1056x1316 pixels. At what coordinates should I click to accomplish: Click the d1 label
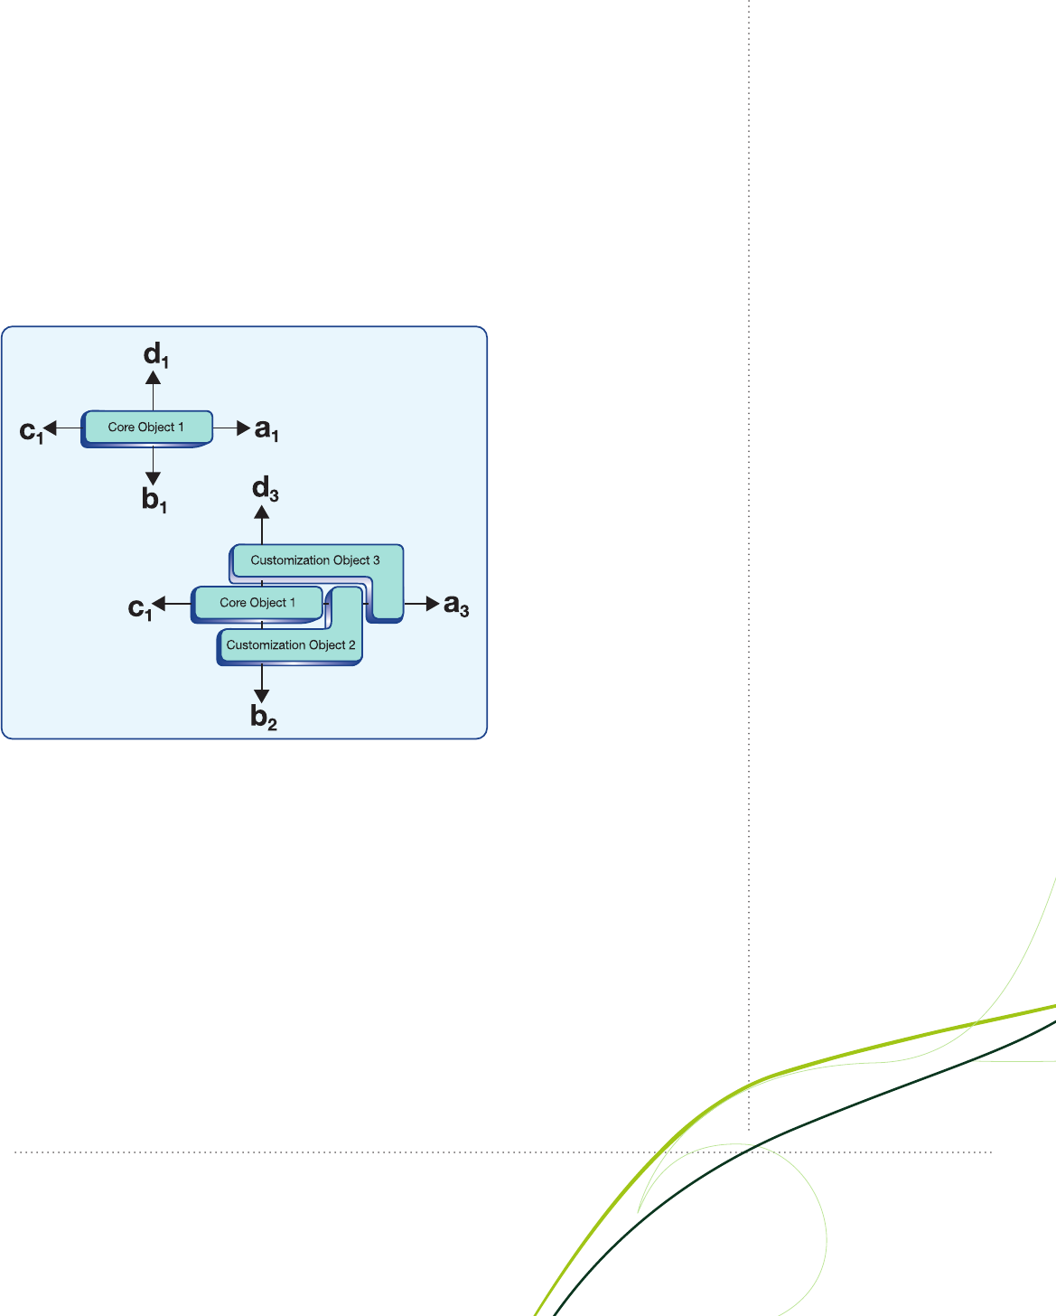pyautogui.click(x=156, y=355)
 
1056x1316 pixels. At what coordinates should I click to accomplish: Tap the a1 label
pyautogui.click(x=266, y=429)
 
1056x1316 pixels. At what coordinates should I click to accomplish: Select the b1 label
pyautogui.click(x=154, y=500)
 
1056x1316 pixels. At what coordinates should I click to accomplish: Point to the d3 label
pyautogui.click(x=266, y=489)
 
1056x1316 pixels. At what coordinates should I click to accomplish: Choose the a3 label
pyautogui.click(x=456, y=605)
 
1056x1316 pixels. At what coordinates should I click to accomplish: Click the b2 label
pyautogui.click(x=264, y=717)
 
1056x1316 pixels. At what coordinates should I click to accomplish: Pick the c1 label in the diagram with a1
pyautogui.click(x=32, y=432)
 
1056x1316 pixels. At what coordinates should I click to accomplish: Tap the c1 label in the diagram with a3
pyautogui.click(x=139, y=608)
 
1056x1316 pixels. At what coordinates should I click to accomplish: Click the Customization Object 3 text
pyautogui.click(x=315, y=560)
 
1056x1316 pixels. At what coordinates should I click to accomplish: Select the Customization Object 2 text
pyautogui.click(x=291, y=644)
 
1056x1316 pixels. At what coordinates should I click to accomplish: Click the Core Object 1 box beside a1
pyautogui.click(x=146, y=428)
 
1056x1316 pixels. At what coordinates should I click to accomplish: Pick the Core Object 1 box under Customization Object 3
pyautogui.click(x=257, y=605)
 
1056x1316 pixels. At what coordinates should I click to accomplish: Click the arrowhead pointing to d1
pyautogui.click(x=153, y=378)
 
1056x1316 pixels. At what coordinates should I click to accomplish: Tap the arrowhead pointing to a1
pyautogui.click(x=243, y=428)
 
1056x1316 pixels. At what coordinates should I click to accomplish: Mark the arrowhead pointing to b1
pyautogui.click(x=153, y=478)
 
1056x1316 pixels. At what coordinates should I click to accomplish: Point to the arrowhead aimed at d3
pyautogui.click(x=262, y=512)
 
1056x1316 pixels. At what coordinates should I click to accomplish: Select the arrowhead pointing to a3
pyautogui.click(x=433, y=604)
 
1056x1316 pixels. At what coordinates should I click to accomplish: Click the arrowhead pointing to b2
pyautogui.click(x=262, y=695)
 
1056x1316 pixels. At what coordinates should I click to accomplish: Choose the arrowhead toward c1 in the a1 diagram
pyautogui.click(x=50, y=428)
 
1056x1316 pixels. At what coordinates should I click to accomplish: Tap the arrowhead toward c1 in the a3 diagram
pyautogui.click(x=158, y=604)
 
